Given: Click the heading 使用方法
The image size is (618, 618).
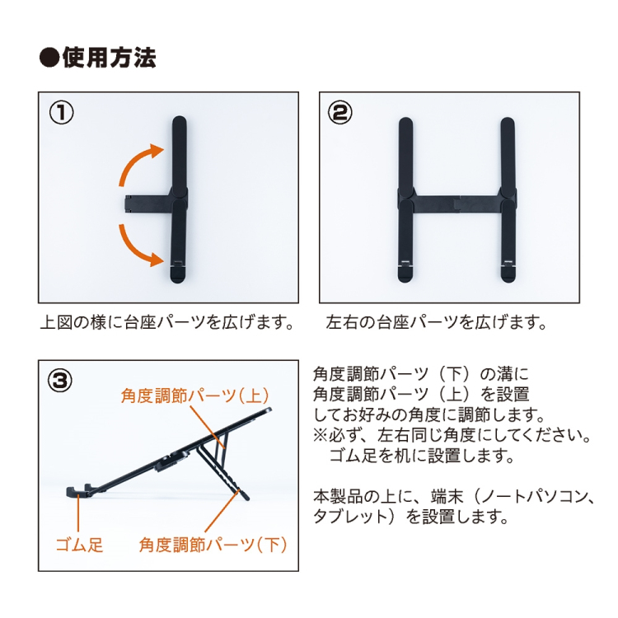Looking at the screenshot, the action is (109, 58).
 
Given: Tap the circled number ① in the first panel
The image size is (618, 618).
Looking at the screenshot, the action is (61, 113).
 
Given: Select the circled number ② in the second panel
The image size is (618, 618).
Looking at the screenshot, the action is (340, 113).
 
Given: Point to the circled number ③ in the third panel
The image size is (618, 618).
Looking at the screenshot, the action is (60, 382).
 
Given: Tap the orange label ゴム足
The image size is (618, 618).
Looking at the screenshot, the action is (79, 545).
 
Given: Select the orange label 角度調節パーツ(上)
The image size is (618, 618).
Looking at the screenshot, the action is (195, 396).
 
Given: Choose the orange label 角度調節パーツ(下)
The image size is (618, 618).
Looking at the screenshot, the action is (213, 545).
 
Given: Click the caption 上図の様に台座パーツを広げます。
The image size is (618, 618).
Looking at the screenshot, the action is (167, 322).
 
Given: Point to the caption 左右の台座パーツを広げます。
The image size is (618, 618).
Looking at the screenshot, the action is (436, 322).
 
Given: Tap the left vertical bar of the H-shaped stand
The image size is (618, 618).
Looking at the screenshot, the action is (405, 200).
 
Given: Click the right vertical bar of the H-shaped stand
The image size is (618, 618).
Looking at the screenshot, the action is (508, 200).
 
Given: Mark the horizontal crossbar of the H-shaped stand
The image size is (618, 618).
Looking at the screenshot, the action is (456, 204).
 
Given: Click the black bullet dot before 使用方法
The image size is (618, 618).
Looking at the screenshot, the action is (49, 58).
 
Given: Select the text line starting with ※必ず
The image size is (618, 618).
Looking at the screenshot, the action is (452, 436).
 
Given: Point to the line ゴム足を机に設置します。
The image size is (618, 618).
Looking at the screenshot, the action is (422, 456).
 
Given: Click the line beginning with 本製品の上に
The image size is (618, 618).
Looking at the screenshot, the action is (454, 497).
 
